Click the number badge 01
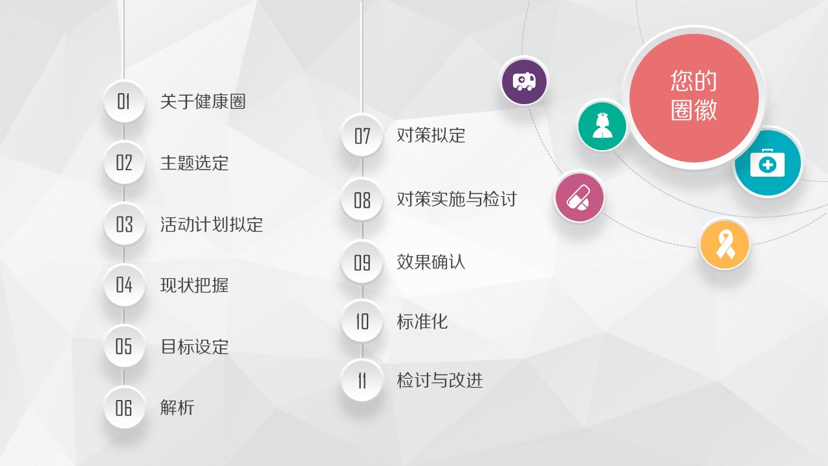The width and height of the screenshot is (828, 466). click(x=124, y=102)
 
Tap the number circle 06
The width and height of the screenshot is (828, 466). click(x=124, y=408)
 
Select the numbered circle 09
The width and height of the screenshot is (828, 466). click(x=362, y=262)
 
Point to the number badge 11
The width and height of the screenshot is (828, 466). click(x=362, y=381)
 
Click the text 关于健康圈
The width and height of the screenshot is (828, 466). click(x=202, y=102)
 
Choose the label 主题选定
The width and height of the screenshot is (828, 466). click(x=195, y=162)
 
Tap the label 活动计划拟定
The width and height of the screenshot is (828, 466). click(x=212, y=224)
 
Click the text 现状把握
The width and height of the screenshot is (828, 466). click(x=195, y=285)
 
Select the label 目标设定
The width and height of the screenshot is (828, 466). click(x=195, y=346)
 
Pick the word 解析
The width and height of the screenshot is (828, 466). click(x=177, y=408)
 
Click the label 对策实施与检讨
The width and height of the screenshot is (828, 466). click(x=457, y=199)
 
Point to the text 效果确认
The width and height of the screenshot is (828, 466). click(x=431, y=262)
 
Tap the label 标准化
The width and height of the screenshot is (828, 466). click(x=422, y=322)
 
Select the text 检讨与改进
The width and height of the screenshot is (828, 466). click(x=439, y=381)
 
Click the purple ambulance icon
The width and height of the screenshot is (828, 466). click(x=524, y=82)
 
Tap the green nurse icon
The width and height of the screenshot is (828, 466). click(x=602, y=126)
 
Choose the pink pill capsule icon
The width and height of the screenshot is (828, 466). click(x=580, y=197)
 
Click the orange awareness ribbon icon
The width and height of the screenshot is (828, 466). click(x=725, y=245)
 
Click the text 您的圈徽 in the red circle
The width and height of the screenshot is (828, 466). click(x=694, y=95)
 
